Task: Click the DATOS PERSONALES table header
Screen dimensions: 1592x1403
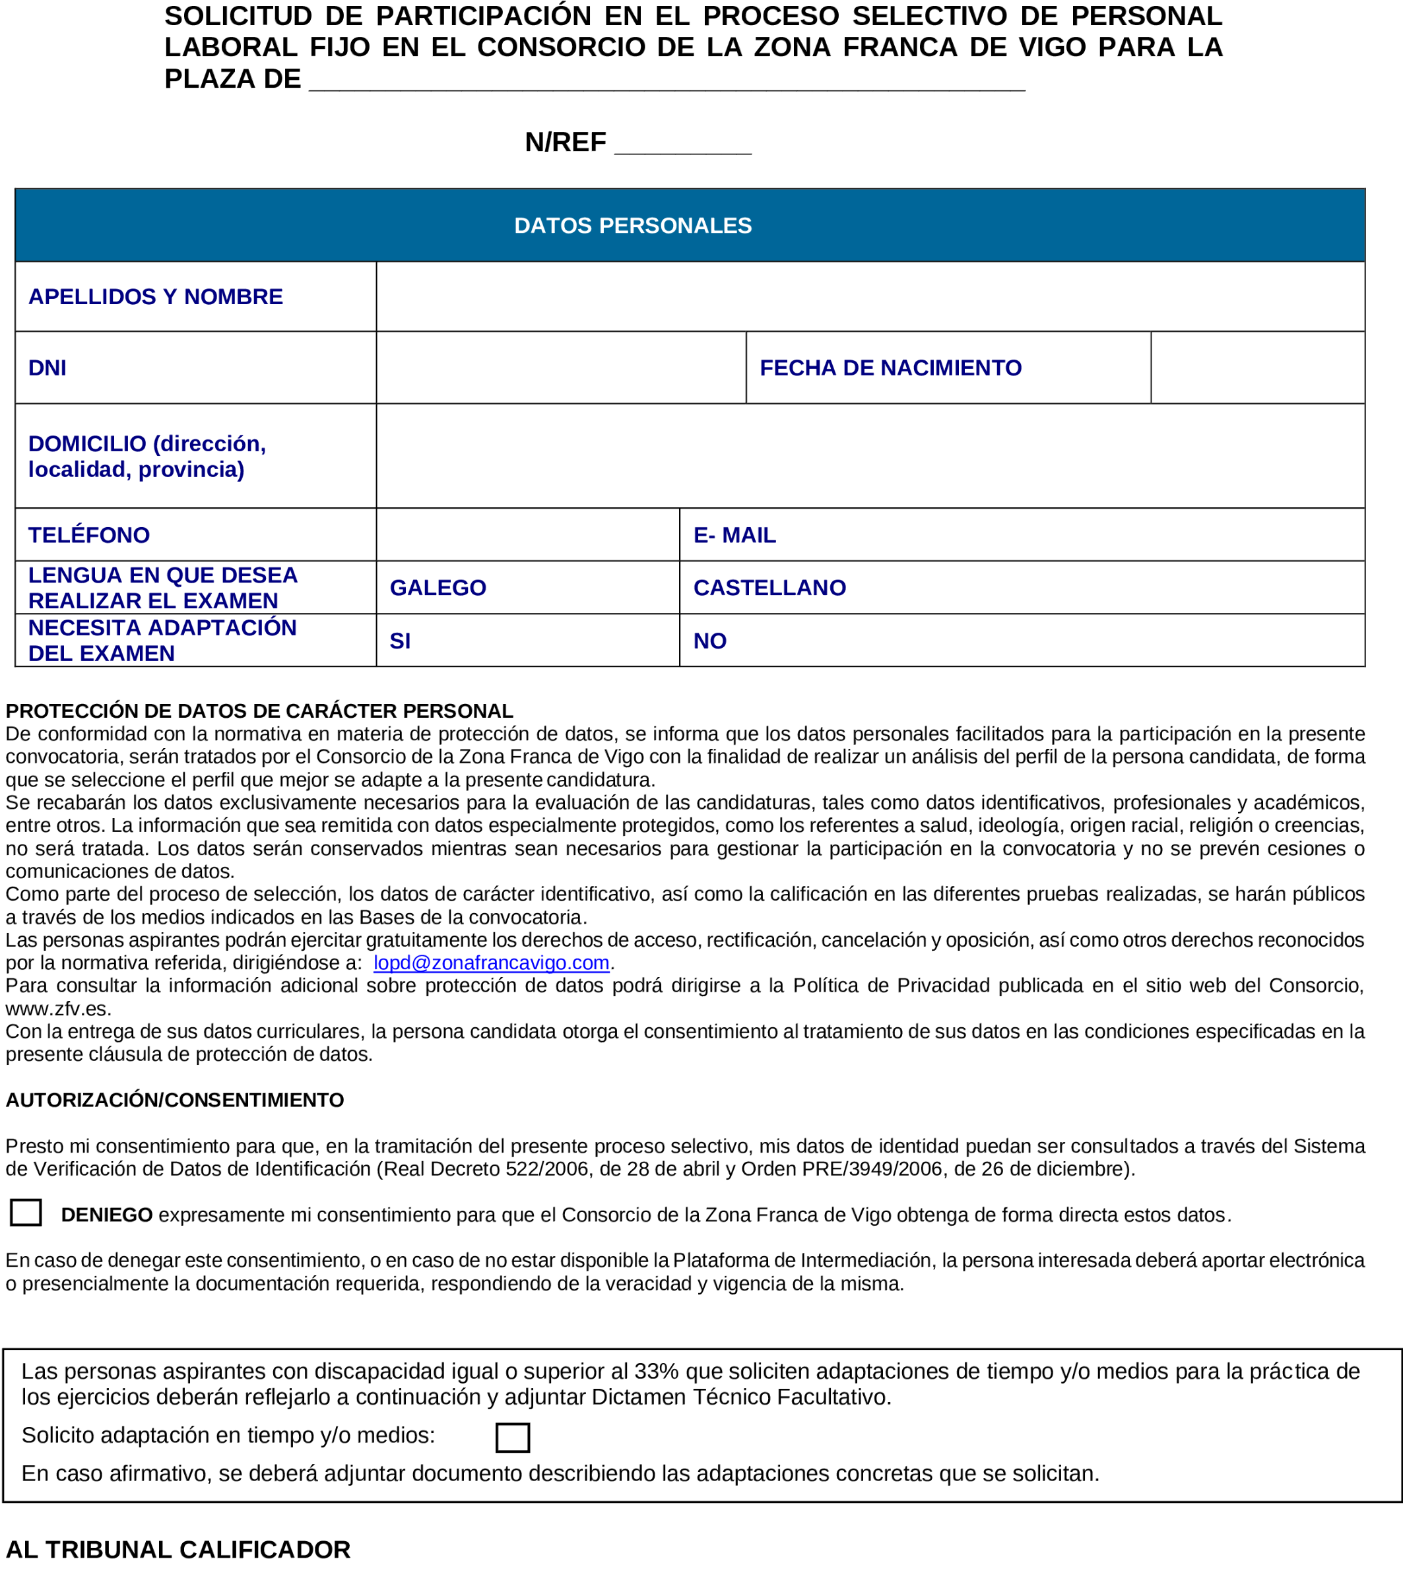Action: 633,225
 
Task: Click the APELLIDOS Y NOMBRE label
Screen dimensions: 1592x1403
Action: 155,297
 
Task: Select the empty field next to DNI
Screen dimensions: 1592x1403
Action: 560,367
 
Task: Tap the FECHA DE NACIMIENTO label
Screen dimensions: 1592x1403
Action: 890,367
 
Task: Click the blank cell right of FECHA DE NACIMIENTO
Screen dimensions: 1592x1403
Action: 1256,367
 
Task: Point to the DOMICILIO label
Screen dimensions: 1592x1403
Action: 147,457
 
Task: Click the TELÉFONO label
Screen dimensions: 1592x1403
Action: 89,535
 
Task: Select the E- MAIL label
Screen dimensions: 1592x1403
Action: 734,535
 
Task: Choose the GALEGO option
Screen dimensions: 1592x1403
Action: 438,588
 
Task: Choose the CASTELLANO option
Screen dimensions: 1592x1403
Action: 769,588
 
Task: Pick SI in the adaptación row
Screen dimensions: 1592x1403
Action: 400,641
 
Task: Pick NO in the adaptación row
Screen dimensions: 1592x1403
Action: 709,641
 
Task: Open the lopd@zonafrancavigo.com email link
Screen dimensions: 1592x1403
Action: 491,963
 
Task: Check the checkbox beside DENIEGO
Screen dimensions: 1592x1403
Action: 26,1213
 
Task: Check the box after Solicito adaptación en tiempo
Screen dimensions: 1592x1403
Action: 512,1437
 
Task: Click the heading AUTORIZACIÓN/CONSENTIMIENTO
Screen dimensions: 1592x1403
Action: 174,1100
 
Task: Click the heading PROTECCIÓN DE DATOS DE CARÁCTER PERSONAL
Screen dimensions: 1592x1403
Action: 259,711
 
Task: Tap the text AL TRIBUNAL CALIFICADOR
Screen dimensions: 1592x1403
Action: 178,1550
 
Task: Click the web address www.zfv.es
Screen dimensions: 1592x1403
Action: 57,1009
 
